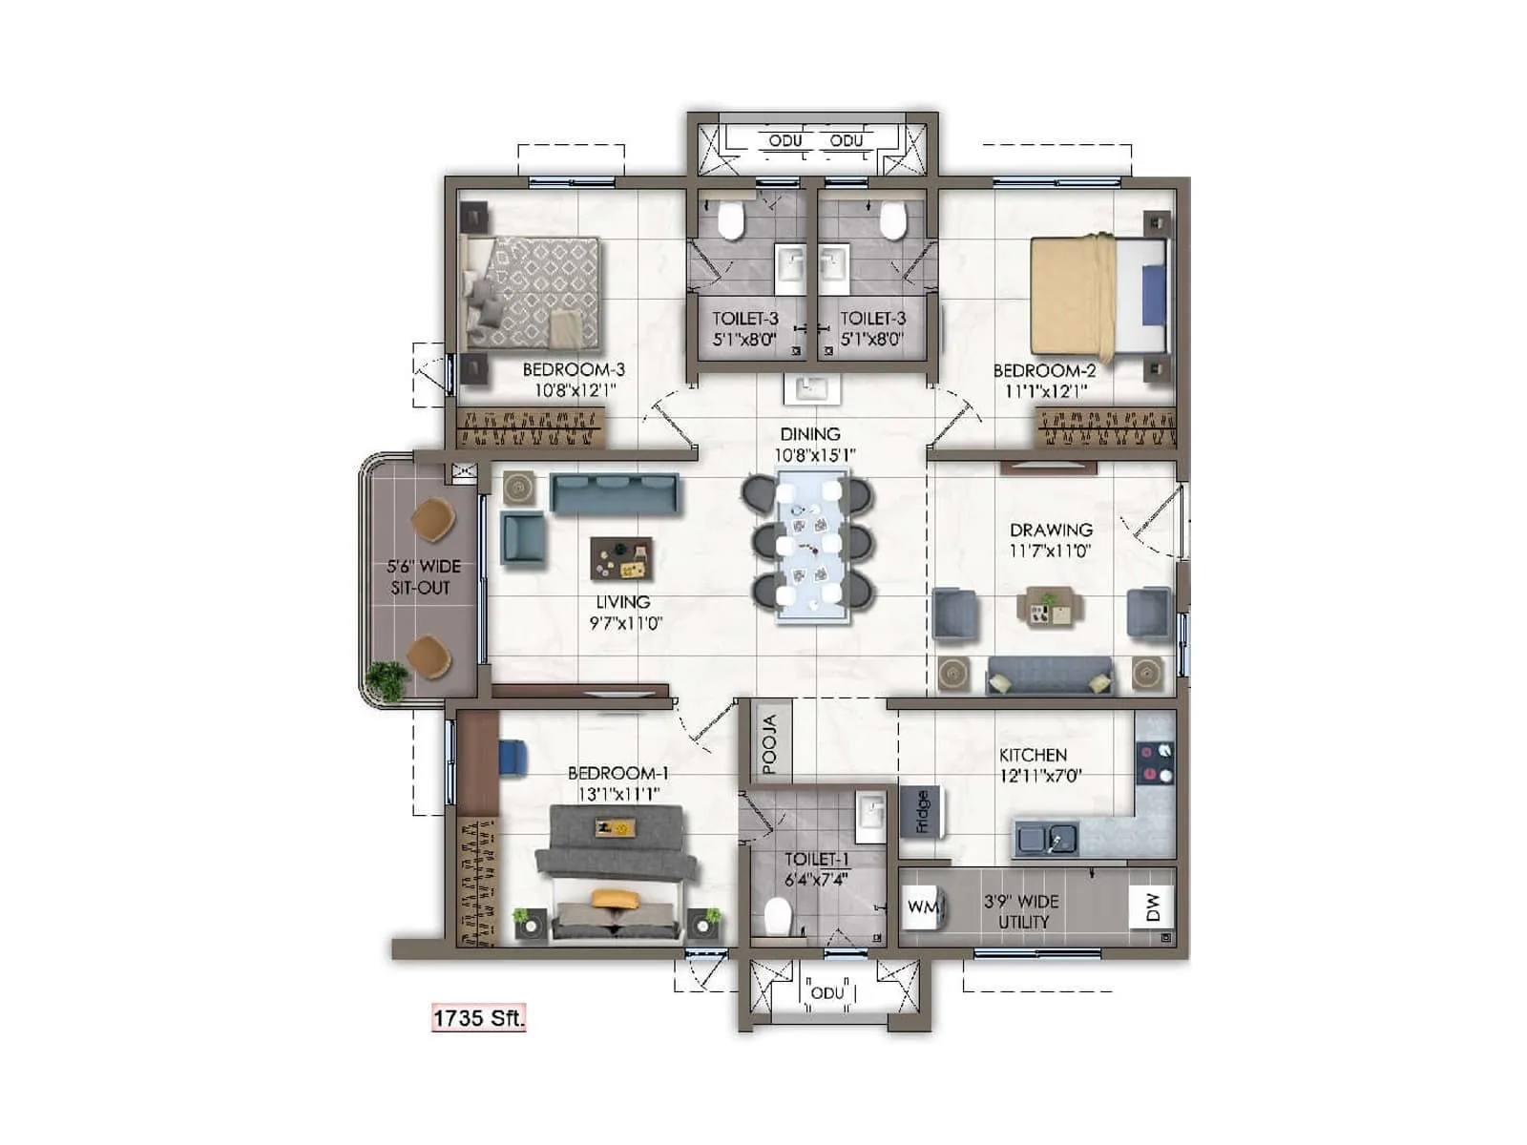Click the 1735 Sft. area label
478,1018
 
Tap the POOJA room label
770,744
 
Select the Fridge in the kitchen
921,812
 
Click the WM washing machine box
922,906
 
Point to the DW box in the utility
1152,907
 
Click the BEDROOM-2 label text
1044,371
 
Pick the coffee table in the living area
621,559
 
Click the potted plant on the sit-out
388,680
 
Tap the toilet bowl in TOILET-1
778,918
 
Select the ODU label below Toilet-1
826,993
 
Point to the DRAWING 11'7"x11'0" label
1051,540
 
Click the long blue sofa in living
615,493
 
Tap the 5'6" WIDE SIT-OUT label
423,577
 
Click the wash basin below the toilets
812,389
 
